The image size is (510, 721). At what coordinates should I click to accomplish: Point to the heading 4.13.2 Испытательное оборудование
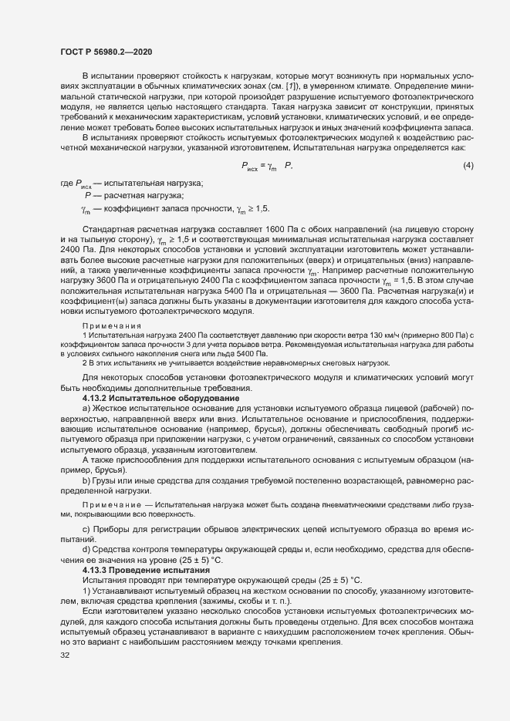tap(140, 397)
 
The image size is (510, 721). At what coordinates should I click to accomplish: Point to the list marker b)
tap(86, 481)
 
